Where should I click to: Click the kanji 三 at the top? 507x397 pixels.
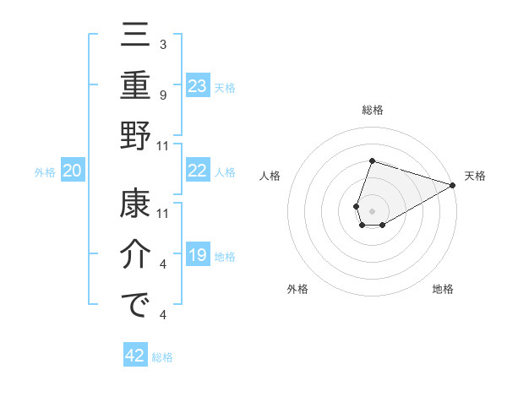pos(135,36)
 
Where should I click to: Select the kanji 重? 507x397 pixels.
pos(135,88)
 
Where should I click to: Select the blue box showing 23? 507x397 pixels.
pos(198,85)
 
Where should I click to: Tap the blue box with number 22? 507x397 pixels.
pos(198,171)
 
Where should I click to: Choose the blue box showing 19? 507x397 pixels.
pos(198,256)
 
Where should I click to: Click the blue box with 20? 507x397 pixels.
pos(73,171)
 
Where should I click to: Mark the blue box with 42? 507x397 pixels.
pos(135,356)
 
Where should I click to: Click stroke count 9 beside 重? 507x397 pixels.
pos(162,95)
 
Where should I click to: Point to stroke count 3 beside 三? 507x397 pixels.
pos(162,43)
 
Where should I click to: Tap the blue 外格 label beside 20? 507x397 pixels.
pos(45,172)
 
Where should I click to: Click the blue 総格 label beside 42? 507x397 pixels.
pos(162,357)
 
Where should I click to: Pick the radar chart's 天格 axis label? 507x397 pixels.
pos(475,176)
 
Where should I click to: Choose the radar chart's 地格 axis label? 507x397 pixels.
pos(443,290)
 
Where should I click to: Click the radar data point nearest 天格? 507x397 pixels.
pos(454,186)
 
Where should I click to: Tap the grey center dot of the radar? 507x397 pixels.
pos(372,209)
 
